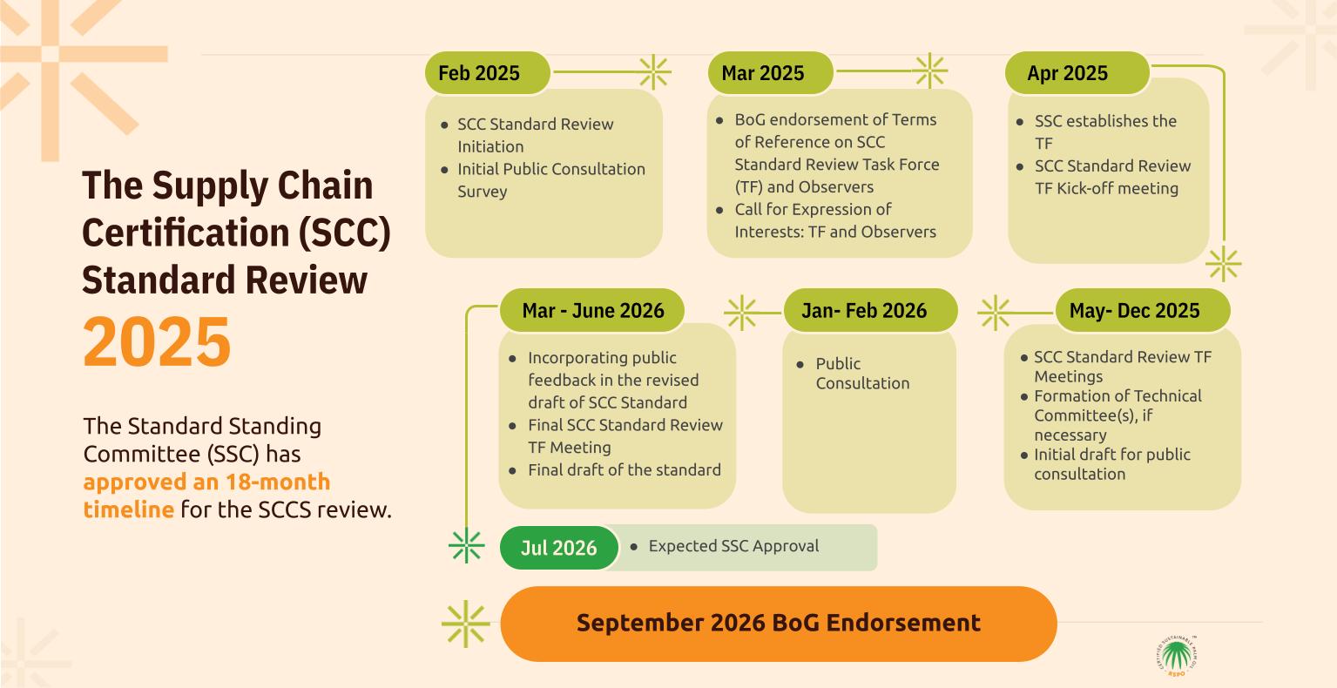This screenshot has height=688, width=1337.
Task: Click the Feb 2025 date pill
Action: (487, 73)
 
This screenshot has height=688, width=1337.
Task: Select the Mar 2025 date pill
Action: (771, 73)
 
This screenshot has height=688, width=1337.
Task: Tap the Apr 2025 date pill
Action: (1077, 73)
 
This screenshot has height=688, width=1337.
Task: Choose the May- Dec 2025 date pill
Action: (1143, 310)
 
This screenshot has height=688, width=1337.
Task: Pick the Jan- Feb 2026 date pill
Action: (870, 310)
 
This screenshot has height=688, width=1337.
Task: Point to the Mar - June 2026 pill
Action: (592, 310)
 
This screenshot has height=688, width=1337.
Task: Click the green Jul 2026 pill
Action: (558, 548)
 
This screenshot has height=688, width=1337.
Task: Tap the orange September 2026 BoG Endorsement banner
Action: (779, 624)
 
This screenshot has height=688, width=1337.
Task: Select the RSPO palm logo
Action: (1177, 656)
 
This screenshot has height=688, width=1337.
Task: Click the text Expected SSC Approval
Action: (733, 546)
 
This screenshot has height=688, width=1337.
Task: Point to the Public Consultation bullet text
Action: (862, 373)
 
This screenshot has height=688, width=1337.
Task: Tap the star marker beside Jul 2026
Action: (466, 545)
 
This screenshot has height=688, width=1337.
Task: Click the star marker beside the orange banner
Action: (466, 624)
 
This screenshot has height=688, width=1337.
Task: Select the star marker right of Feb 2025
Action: (654, 71)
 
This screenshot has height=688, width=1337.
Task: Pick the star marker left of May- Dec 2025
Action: (995, 313)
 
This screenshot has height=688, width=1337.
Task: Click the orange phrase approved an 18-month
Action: (206, 482)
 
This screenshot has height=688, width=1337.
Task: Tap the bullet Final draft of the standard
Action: (625, 469)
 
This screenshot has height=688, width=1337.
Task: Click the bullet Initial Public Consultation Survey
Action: (551, 180)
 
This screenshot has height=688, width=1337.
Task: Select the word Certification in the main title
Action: (186, 233)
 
